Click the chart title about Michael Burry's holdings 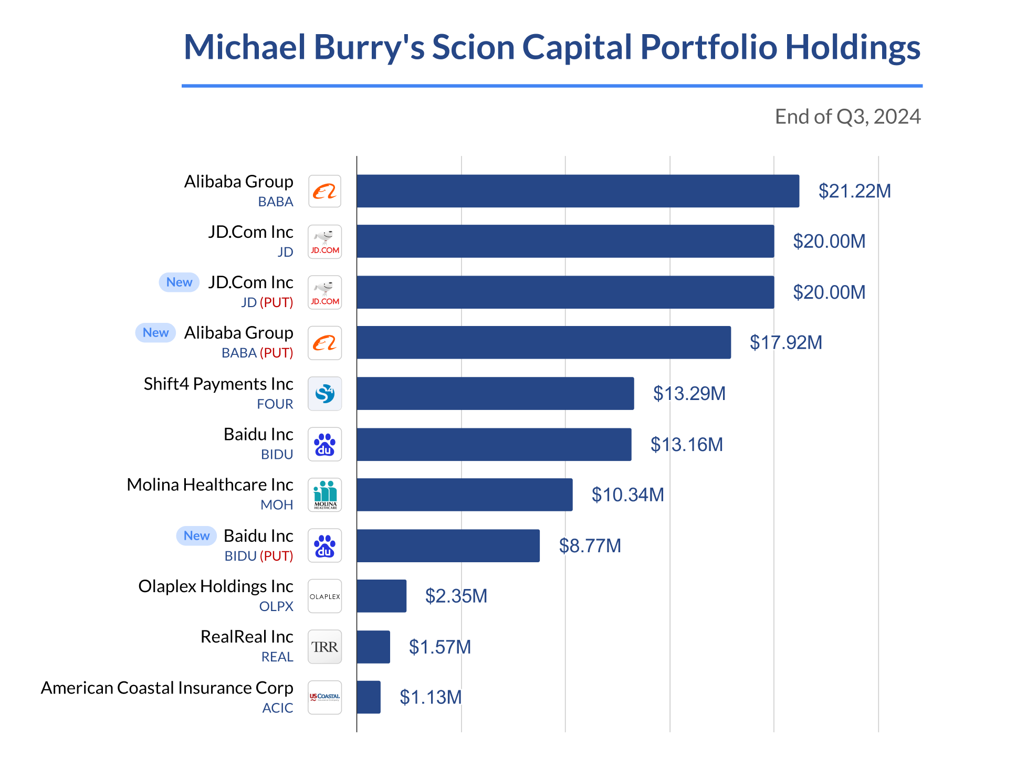pyautogui.click(x=551, y=47)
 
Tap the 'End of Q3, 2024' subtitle pyautogui.click(x=847, y=117)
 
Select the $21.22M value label pyautogui.click(x=854, y=191)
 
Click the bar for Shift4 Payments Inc pyautogui.click(x=495, y=393)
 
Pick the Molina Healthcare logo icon pyautogui.click(x=324, y=495)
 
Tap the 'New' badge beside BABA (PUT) pyautogui.click(x=155, y=333)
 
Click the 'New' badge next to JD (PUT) pyautogui.click(x=179, y=282)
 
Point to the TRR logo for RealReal pyautogui.click(x=324, y=647)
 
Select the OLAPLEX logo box pyautogui.click(x=324, y=596)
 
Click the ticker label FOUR pyautogui.click(x=275, y=404)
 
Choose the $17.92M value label pyautogui.click(x=785, y=343)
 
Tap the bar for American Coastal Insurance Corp pyautogui.click(x=369, y=697)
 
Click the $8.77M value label pyautogui.click(x=590, y=546)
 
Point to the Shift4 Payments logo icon pyautogui.click(x=324, y=393)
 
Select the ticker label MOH pyautogui.click(x=277, y=505)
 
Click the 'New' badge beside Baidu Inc pyautogui.click(x=196, y=536)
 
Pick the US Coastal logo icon pyautogui.click(x=324, y=697)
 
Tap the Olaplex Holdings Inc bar pyautogui.click(x=381, y=596)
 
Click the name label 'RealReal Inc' pyautogui.click(x=247, y=637)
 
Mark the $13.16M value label pyautogui.click(x=686, y=445)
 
